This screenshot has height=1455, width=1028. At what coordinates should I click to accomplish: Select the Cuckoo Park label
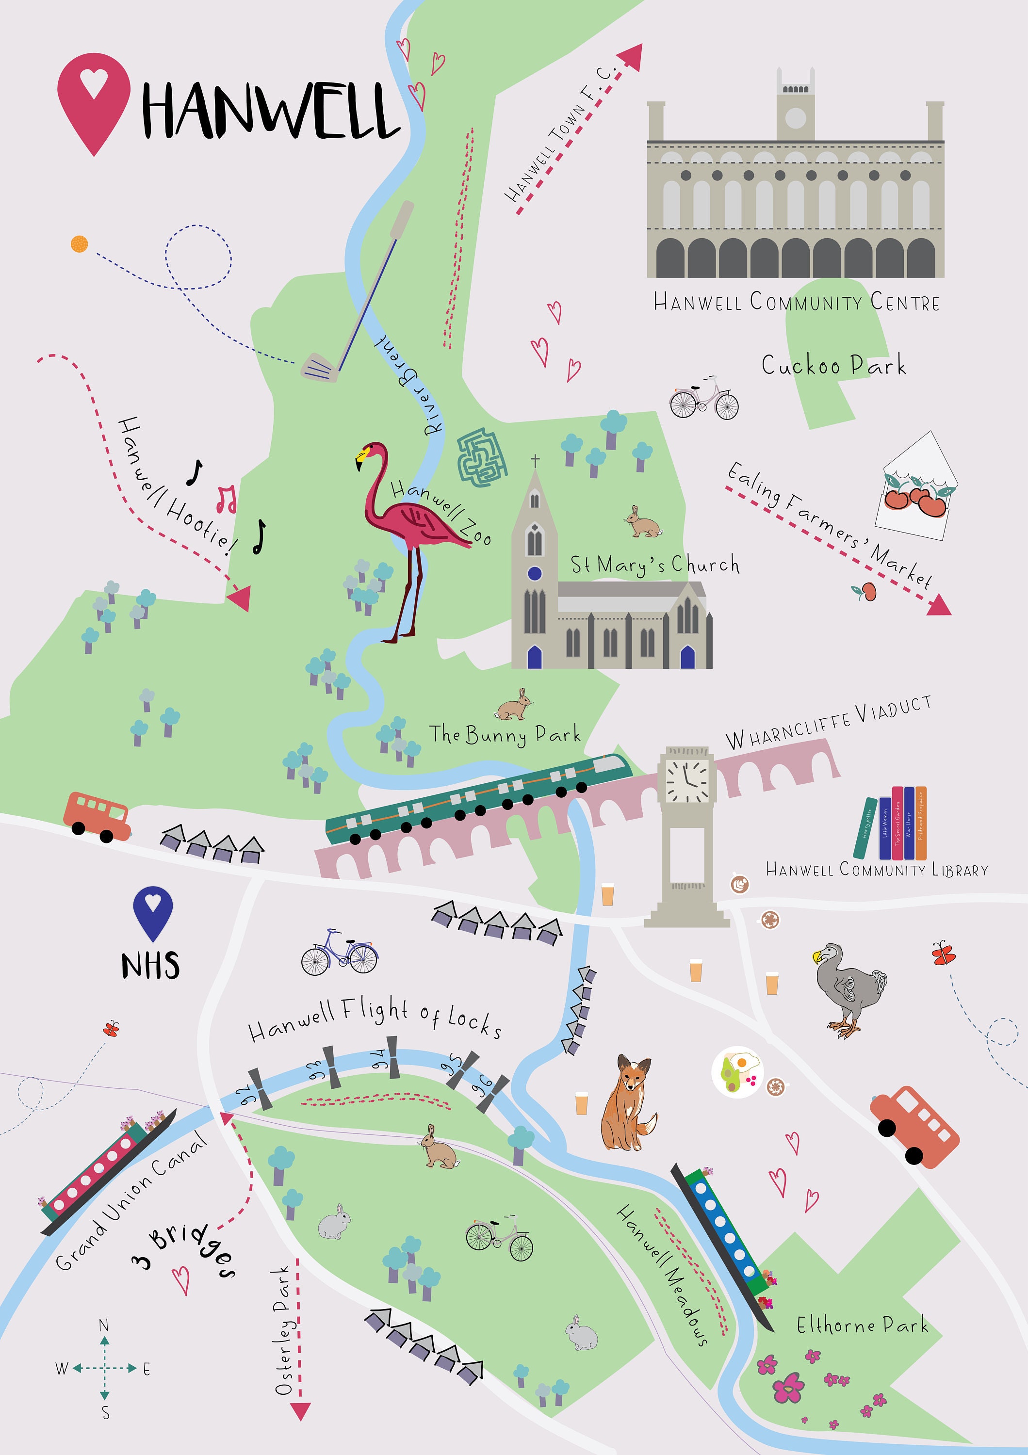click(833, 366)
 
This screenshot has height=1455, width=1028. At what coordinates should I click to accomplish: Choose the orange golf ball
click(79, 243)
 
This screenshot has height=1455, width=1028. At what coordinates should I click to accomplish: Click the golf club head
click(319, 368)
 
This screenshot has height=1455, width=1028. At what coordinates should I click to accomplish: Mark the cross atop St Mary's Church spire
click(536, 460)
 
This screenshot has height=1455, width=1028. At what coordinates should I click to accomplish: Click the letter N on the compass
click(104, 1325)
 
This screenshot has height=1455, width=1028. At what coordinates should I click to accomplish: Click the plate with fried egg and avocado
click(737, 1071)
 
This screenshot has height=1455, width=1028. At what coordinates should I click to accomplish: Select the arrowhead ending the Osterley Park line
click(300, 1411)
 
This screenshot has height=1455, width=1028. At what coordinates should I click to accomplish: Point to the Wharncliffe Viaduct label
click(828, 723)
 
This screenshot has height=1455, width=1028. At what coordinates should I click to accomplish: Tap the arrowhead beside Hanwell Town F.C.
click(630, 57)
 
